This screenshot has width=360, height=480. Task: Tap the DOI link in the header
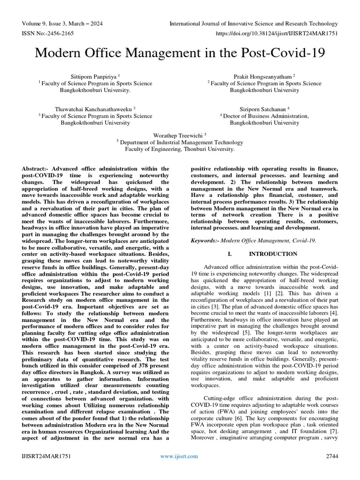277,33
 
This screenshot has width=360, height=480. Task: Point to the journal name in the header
253,23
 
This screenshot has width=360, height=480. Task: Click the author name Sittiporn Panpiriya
94,76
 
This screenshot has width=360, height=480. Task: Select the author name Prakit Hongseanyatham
263,76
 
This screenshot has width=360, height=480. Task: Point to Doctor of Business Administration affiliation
265,115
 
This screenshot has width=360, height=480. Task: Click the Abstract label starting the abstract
36,168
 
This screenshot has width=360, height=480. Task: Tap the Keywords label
206,240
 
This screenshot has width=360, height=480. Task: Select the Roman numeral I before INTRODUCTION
230,254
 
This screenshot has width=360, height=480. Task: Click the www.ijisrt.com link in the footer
179,456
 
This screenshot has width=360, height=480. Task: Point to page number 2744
330,456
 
